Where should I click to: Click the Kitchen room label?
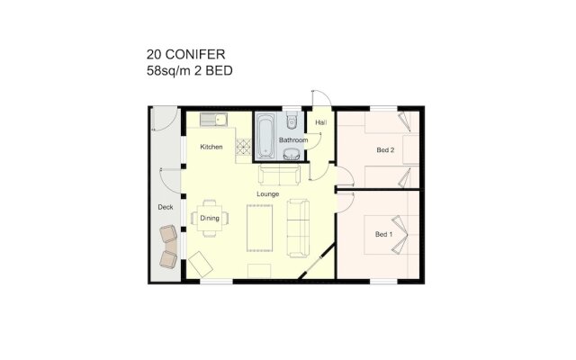point(211,147)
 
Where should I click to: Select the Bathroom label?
point(293,141)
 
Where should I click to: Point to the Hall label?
point(320,121)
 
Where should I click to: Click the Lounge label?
point(267,193)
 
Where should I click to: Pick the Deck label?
point(165,207)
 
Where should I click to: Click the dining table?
point(210,219)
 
